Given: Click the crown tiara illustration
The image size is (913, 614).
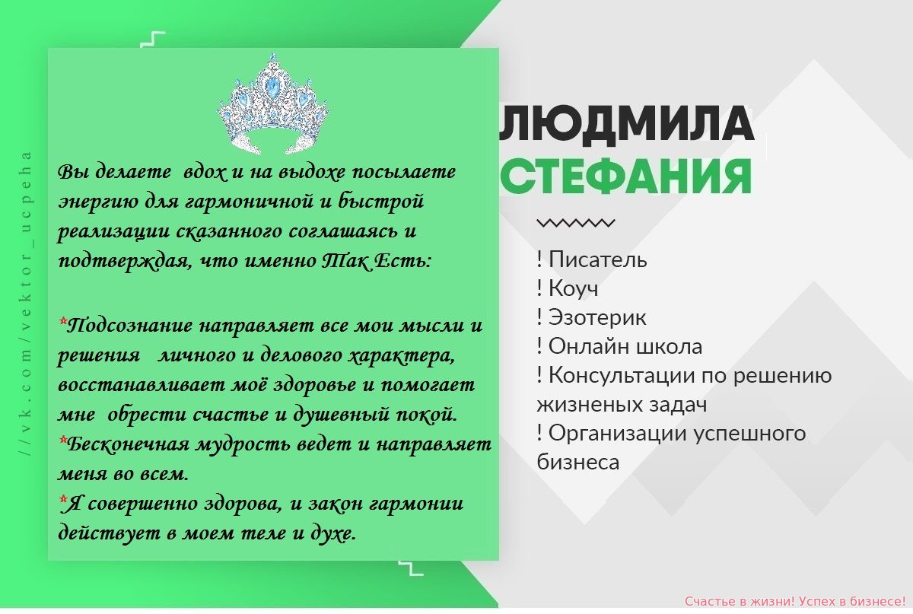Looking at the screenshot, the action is coord(273,104).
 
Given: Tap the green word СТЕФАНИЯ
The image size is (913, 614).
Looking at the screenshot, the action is coord(626,177).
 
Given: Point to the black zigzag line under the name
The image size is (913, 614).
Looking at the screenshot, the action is coord(575,223).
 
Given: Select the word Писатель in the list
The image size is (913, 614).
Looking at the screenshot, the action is coord(597,259).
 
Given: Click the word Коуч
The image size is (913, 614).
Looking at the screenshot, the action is coord(574,288).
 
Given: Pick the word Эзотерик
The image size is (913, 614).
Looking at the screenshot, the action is coord(597,317).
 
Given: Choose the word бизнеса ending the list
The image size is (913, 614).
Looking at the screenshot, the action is coord(578,463).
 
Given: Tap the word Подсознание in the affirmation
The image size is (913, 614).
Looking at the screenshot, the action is coord(129,326).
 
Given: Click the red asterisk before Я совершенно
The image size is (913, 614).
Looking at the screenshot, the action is coord(62,498).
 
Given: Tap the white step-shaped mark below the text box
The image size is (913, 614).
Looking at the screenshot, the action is coord(411,568).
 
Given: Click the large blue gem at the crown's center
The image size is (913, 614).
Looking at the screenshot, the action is coord(272,87).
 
